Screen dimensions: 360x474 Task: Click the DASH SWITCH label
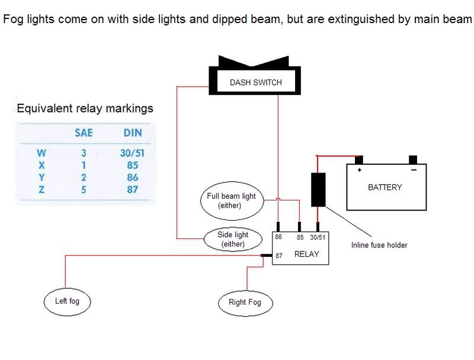[x=255, y=82]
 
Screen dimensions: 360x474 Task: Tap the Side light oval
[x=233, y=239]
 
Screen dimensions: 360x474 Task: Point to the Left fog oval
[x=66, y=301]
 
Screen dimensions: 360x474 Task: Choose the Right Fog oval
[x=245, y=302]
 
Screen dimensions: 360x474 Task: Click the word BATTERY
[x=385, y=187]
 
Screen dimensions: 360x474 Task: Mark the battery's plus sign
[x=358, y=170]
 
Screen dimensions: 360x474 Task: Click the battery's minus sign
[x=412, y=170]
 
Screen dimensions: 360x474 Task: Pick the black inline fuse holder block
[x=318, y=189]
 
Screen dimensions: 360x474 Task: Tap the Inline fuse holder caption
[x=379, y=245]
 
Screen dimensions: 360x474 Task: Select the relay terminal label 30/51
[x=318, y=237]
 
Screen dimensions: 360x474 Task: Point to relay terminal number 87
[x=279, y=255]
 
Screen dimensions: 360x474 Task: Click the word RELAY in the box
[x=306, y=254]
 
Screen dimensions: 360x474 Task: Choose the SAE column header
[x=84, y=133]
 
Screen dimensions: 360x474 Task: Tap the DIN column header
[x=132, y=133]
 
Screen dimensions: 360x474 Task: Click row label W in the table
[x=41, y=153]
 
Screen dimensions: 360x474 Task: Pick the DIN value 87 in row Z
[x=132, y=189]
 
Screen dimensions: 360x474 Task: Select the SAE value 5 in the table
[x=84, y=189]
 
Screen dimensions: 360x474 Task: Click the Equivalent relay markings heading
[x=85, y=109]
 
